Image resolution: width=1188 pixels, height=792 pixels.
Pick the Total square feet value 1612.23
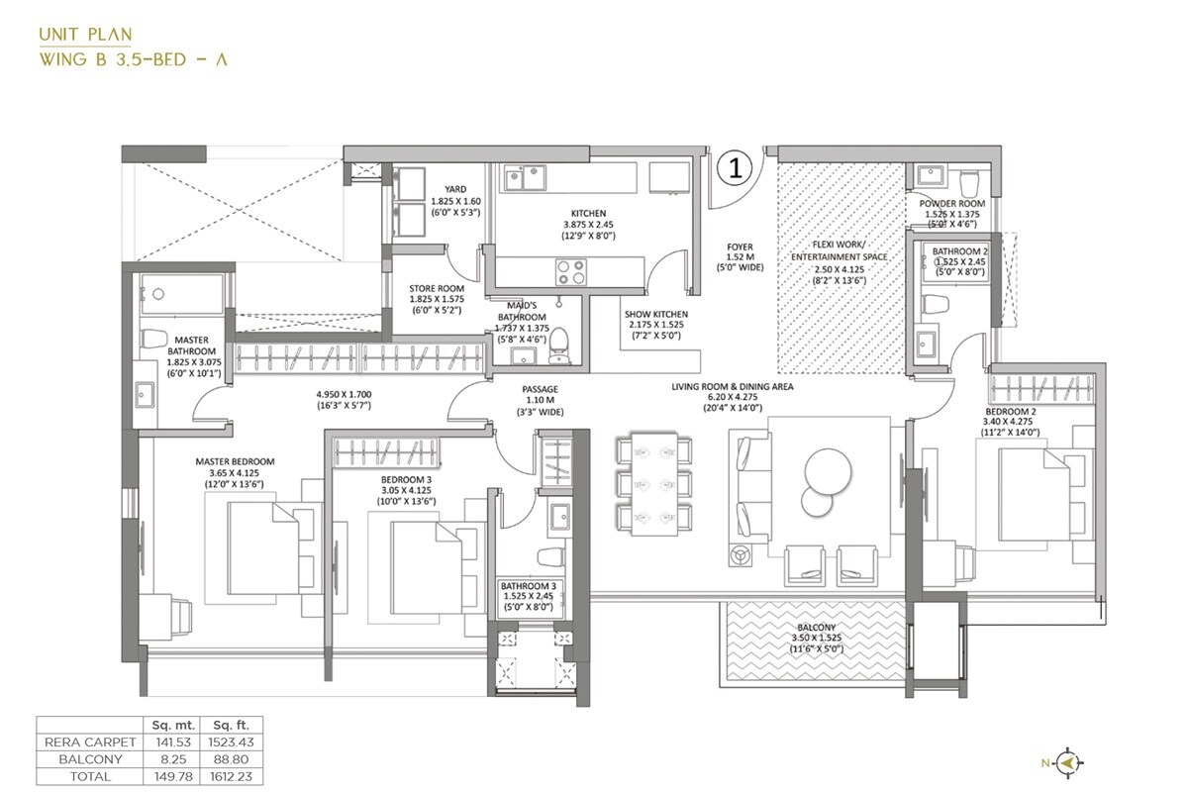pos(229,776)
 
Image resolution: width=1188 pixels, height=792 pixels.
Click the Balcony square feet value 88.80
pos(229,758)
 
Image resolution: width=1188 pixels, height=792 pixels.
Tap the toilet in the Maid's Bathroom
pos(559,344)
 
